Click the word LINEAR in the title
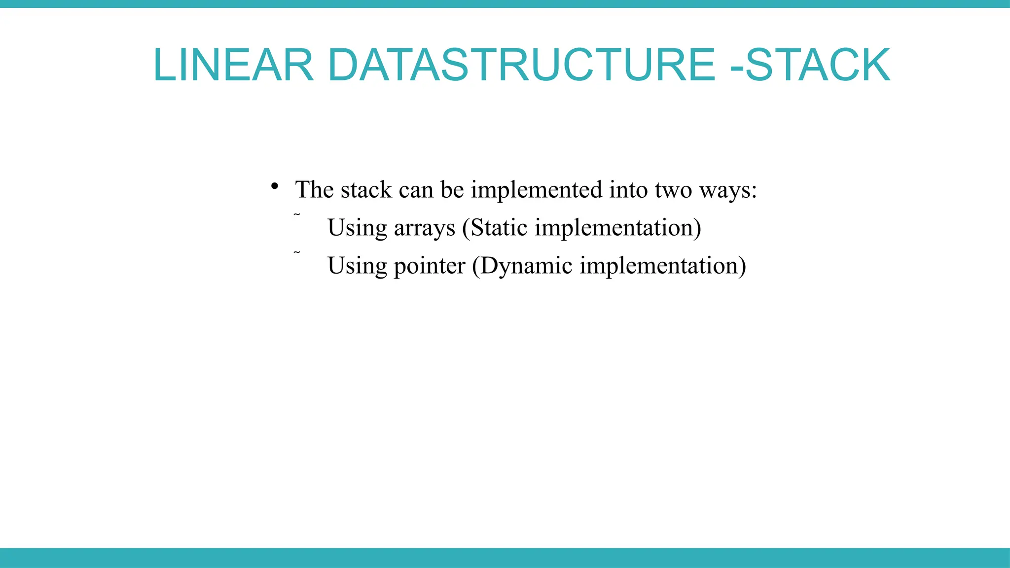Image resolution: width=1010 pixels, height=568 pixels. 233,65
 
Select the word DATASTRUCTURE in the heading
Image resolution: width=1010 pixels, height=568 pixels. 521,65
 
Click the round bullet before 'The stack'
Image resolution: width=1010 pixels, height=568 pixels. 275,187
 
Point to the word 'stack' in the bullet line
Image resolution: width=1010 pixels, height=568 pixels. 366,190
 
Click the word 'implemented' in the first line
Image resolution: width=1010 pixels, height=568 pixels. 537,190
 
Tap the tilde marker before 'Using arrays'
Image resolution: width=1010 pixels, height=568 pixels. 296,214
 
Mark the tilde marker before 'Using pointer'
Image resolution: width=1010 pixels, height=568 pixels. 296,252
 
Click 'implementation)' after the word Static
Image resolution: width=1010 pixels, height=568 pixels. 617,228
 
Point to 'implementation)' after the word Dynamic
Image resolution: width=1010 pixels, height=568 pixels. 662,266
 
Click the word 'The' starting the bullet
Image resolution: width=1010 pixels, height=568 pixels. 314,190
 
